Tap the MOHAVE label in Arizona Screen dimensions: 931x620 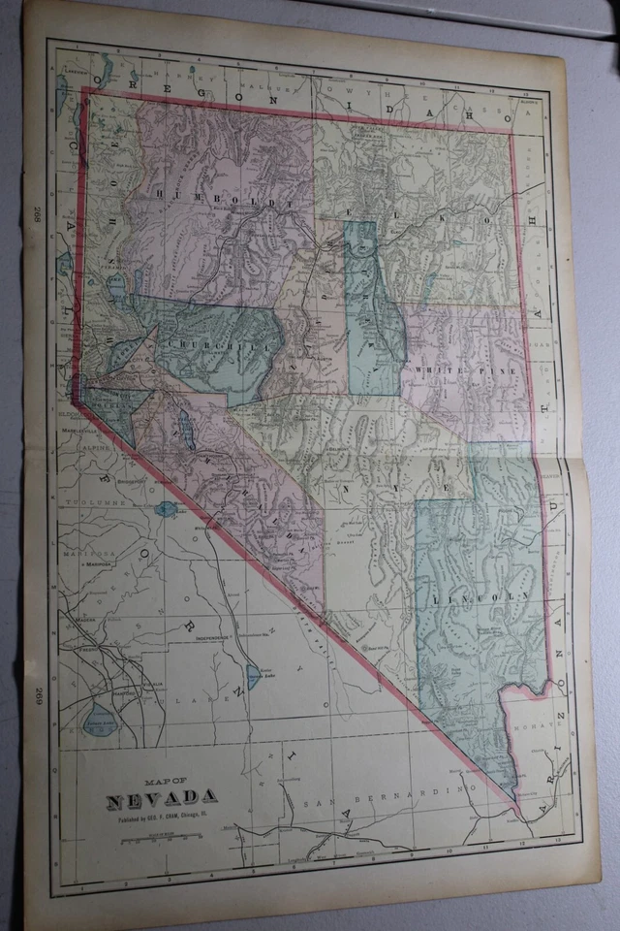531,725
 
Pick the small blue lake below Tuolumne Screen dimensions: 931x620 166,508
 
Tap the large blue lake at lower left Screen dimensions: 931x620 100,719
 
